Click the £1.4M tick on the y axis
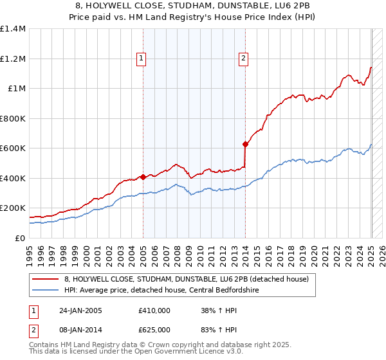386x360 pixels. point(13,29)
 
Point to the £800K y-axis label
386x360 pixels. point(13,118)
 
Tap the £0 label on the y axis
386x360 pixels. point(21,238)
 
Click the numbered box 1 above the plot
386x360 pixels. point(142,59)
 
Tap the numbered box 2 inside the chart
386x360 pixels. point(244,59)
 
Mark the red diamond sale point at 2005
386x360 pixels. point(142,177)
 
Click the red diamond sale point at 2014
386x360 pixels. point(245,145)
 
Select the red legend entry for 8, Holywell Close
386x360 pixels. point(187,278)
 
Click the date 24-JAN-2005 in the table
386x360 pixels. point(80,310)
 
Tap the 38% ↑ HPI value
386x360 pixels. point(216,310)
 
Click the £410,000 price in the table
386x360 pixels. point(154,310)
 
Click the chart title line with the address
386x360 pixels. point(193,6)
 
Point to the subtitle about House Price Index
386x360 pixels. point(193,18)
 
